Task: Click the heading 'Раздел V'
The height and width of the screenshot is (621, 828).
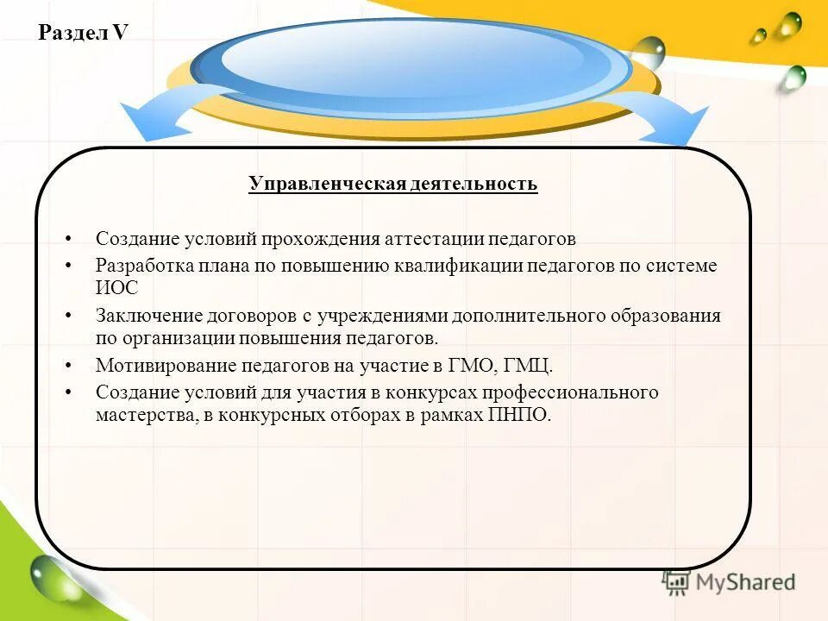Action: pyautogui.click(x=84, y=33)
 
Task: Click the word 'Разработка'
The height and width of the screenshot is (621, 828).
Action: pyautogui.click(x=144, y=266)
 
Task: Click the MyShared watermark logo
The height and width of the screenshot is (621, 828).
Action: pyautogui.click(x=729, y=582)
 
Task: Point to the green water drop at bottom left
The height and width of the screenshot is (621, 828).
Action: pyautogui.click(x=52, y=576)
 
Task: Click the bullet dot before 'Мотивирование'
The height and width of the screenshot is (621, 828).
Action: pyautogui.click(x=69, y=366)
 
